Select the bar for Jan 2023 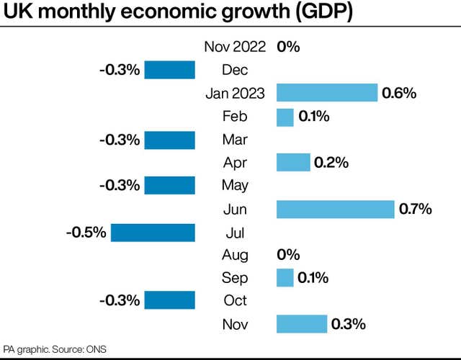tap(327, 93)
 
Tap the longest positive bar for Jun tap(336, 209)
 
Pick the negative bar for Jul tap(153, 232)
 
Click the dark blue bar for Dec tap(170, 70)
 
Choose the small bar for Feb tap(285, 117)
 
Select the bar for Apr tap(293, 163)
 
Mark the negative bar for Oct tap(170, 300)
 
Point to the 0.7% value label tap(415, 210)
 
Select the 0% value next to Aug tap(288, 255)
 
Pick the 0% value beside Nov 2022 tap(288, 48)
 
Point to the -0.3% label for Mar tap(120, 140)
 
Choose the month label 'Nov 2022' tap(235, 48)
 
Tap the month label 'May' tap(235, 186)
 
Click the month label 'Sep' tap(235, 278)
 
